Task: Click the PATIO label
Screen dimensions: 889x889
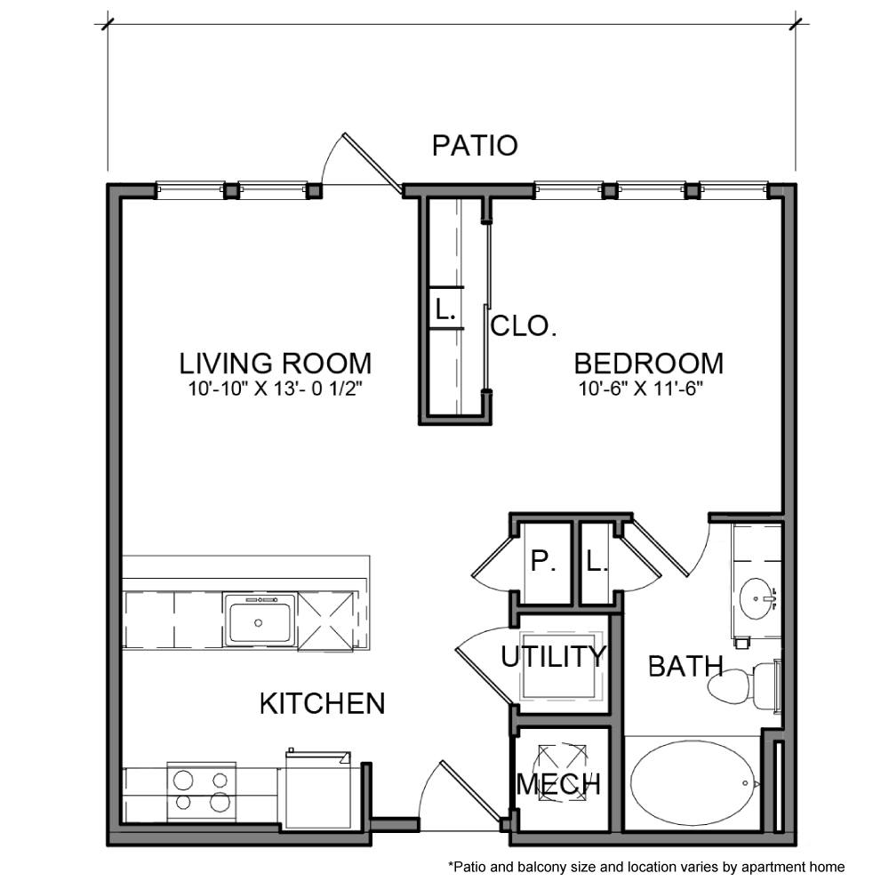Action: tap(475, 145)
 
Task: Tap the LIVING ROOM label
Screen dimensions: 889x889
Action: tap(275, 364)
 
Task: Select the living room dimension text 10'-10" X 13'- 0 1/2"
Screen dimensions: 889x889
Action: tap(275, 388)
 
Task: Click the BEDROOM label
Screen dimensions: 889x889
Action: tap(648, 364)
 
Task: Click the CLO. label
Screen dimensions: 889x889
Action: tap(524, 326)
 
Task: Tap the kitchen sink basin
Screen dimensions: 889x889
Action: tap(260, 621)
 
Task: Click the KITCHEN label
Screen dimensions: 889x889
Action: tap(322, 704)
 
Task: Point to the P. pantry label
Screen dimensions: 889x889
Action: tap(540, 562)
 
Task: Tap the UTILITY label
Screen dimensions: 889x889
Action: tap(552, 658)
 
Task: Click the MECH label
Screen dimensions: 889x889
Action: tap(558, 784)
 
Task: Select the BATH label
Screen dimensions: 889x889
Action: tap(685, 666)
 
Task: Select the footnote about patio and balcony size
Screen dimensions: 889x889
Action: tap(645, 866)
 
